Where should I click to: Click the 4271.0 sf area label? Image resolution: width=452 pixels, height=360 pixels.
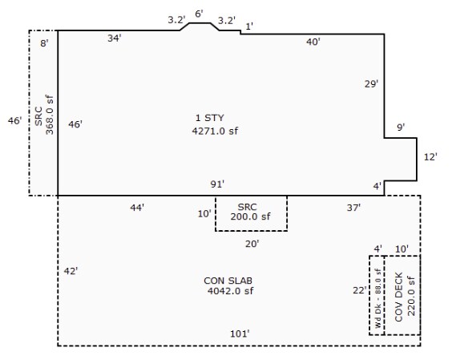(x=215, y=131)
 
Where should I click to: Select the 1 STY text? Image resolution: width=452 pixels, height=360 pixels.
(x=209, y=118)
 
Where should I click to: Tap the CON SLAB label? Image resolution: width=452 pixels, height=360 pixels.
(x=228, y=281)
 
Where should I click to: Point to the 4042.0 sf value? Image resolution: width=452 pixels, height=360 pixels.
(x=230, y=291)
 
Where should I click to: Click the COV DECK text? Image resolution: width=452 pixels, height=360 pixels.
(x=398, y=297)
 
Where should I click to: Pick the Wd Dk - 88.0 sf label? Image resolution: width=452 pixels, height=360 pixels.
(x=378, y=298)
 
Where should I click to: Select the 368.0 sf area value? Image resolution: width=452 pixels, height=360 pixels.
(x=50, y=115)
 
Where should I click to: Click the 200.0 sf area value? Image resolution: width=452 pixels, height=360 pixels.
(x=251, y=216)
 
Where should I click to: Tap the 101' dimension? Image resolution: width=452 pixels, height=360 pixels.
(x=240, y=334)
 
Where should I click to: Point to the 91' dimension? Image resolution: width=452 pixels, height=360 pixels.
(x=217, y=184)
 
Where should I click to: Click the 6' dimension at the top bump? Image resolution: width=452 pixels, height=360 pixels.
(x=200, y=14)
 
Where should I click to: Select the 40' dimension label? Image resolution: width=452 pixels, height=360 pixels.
(x=313, y=42)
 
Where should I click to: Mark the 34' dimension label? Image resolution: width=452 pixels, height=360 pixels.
(x=115, y=38)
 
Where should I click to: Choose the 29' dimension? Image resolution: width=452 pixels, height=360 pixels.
(x=371, y=84)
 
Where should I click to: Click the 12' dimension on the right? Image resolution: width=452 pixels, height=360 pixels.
(x=430, y=157)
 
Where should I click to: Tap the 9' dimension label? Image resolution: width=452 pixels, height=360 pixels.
(x=401, y=127)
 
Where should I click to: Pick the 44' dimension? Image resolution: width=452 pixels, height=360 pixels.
(x=137, y=208)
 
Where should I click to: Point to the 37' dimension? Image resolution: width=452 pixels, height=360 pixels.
(x=353, y=208)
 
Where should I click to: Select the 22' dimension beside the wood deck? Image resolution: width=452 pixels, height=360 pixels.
(x=360, y=290)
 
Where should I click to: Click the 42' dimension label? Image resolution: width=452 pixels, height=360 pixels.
(x=71, y=271)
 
